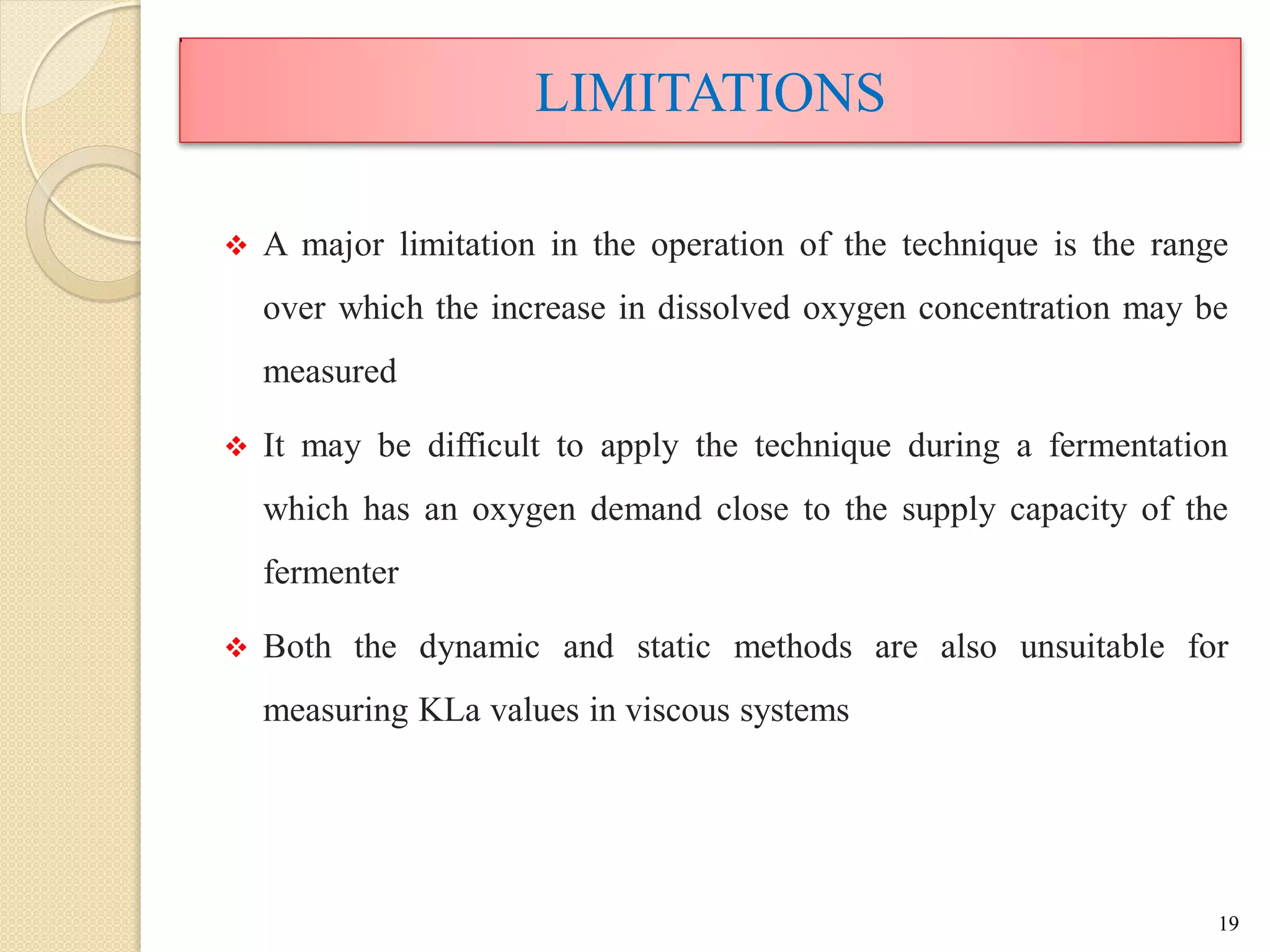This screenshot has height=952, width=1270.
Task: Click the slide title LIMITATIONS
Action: point(709,93)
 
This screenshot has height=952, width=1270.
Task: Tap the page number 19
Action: point(1228,923)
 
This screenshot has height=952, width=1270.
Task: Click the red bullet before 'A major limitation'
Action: point(236,245)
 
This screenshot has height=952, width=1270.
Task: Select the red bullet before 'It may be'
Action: point(236,446)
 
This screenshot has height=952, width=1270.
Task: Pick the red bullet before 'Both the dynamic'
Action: point(236,648)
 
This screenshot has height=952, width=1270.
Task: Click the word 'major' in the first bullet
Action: point(342,245)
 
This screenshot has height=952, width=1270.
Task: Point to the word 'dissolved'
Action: point(724,308)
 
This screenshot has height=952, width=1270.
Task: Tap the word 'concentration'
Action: point(1014,308)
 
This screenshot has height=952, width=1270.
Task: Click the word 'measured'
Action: point(329,372)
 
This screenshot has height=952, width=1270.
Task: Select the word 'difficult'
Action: point(483,446)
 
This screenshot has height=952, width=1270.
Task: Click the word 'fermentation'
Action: point(1138,446)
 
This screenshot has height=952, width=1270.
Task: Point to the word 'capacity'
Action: point(1068,511)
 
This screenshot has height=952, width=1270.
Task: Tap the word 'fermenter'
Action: point(331,573)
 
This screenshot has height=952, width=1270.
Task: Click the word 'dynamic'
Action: point(479,648)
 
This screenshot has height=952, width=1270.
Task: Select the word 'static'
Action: point(673,647)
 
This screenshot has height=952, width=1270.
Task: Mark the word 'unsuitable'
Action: point(1092,647)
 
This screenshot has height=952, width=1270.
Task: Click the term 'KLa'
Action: point(449,710)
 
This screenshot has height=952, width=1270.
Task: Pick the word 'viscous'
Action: point(677,711)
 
